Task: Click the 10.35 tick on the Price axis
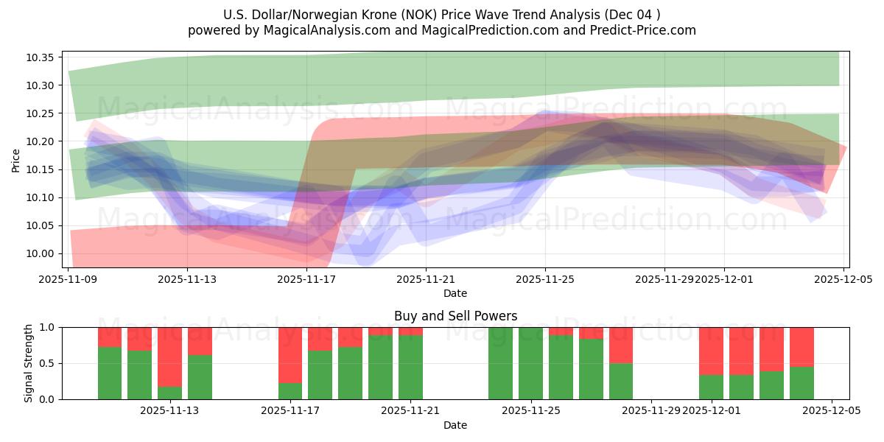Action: (x=43, y=57)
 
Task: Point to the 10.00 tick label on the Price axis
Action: (x=43, y=253)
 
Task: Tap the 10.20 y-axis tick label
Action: (x=43, y=141)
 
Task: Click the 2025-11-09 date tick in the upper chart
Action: (x=69, y=279)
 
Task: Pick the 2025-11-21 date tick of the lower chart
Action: (x=410, y=410)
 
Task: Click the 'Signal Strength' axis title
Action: (x=29, y=363)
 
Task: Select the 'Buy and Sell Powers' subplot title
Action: (x=455, y=316)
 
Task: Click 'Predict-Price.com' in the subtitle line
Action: (x=639, y=30)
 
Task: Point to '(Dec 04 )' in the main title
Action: (x=633, y=15)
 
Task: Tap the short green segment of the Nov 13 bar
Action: (x=169, y=393)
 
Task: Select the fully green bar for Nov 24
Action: (x=500, y=363)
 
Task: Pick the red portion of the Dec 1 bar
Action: (x=711, y=351)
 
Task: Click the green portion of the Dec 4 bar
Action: (x=801, y=383)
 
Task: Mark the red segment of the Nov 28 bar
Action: (x=620, y=345)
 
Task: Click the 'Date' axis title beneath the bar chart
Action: (x=455, y=425)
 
